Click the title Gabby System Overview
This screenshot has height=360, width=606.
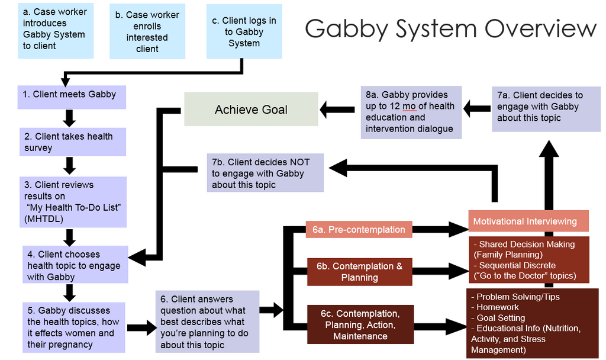[x=450, y=28]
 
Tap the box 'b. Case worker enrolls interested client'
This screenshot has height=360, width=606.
[x=147, y=32]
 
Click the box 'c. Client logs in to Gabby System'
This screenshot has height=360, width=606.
[x=244, y=32]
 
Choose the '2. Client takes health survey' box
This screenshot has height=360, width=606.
[x=72, y=142]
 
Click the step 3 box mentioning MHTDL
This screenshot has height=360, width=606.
[x=72, y=202]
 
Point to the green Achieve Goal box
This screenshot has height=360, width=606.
[x=251, y=110]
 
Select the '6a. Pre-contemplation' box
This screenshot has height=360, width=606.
[x=359, y=229]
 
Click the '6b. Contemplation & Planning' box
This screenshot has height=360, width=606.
[x=359, y=272]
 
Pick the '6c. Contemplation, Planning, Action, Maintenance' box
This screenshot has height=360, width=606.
[x=360, y=324]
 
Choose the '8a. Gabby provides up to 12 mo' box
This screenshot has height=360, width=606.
[x=411, y=112]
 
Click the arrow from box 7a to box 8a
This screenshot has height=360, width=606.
[x=476, y=108]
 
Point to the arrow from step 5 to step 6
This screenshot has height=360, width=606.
[x=140, y=327]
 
